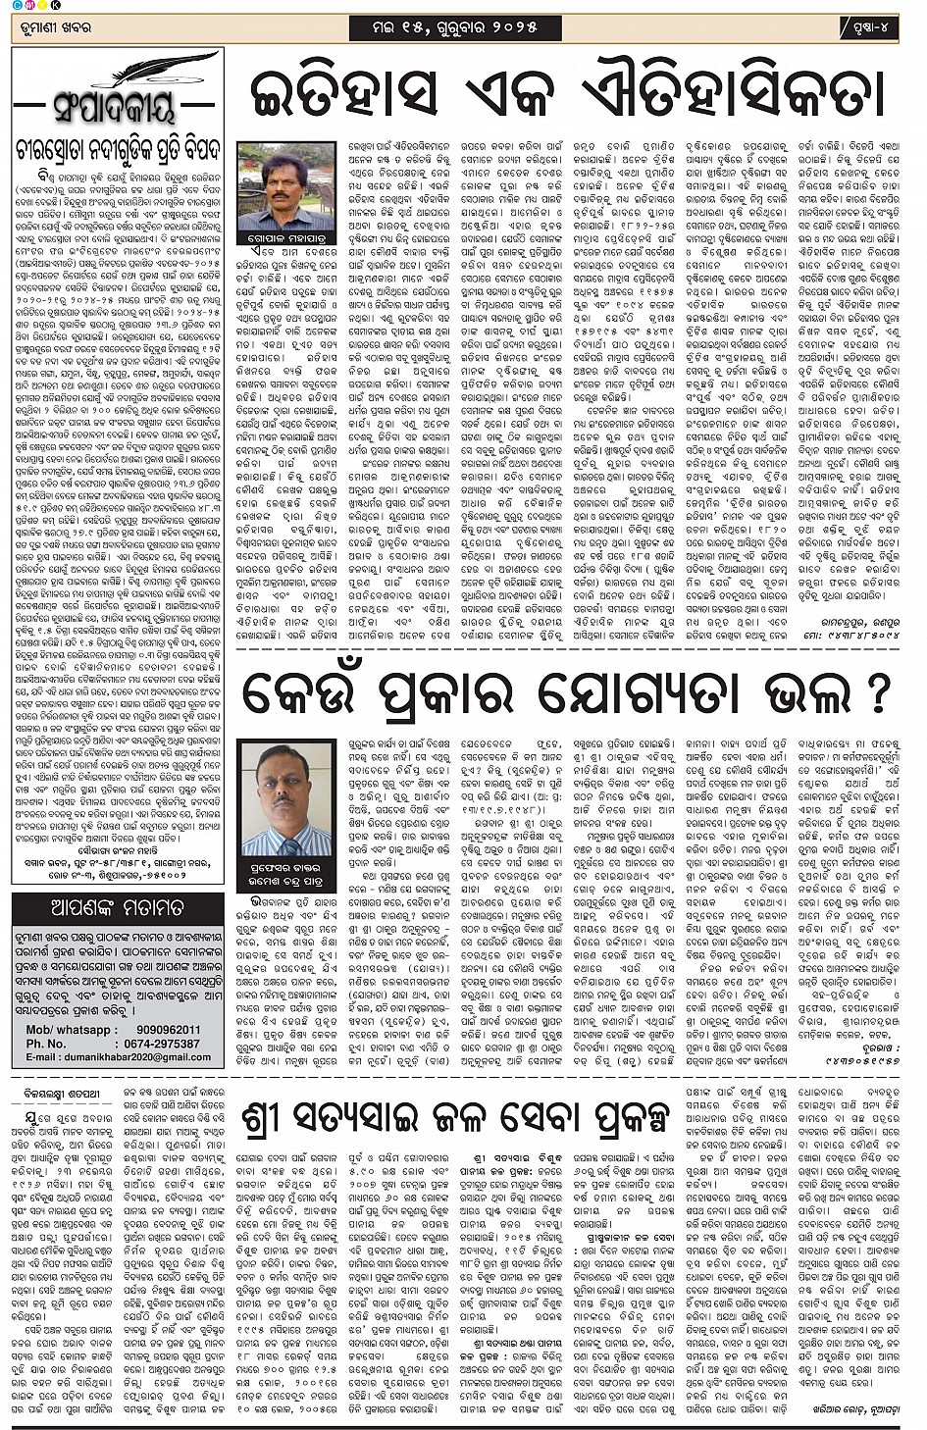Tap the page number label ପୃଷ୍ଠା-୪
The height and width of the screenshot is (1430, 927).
(x=867, y=28)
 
